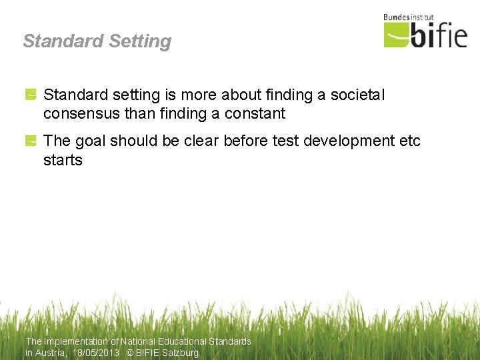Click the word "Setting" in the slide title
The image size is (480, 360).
point(139,41)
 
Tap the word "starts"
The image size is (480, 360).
point(63,160)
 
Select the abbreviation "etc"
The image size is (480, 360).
point(409,141)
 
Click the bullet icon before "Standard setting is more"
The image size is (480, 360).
point(31,96)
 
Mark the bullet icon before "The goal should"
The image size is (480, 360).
point(31,141)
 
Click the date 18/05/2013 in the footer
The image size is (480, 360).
point(96,353)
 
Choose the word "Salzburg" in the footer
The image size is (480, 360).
point(180,353)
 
